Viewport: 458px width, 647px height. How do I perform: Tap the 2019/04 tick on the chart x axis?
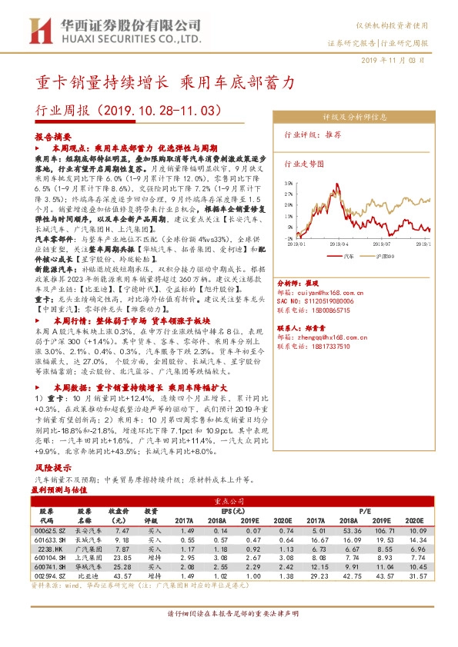pyautogui.click(x=338, y=244)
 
